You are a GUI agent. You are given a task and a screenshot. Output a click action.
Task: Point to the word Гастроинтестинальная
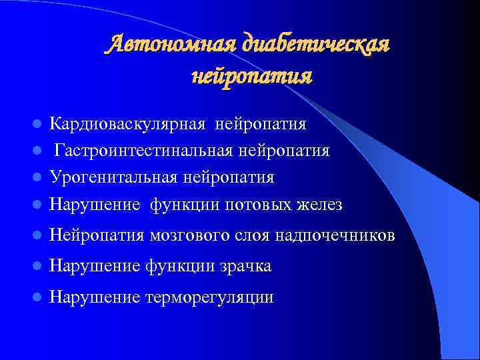(143, 151)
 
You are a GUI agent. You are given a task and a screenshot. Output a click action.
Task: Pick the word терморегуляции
(209, 297)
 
